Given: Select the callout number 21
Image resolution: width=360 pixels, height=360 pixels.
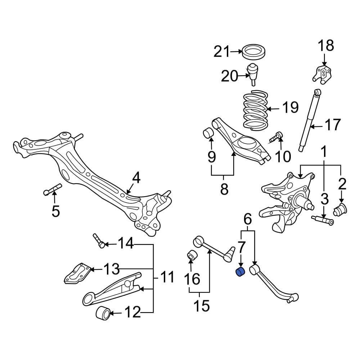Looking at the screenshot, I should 221,52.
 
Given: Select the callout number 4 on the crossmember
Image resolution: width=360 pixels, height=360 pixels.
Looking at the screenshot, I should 136,177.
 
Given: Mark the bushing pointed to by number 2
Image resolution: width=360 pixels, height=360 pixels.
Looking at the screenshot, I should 341,209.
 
